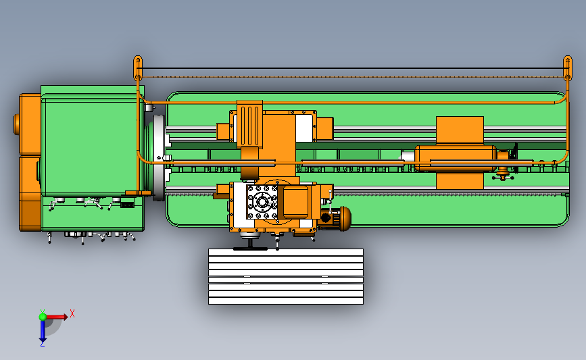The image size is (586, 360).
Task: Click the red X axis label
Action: (x=72, y=313)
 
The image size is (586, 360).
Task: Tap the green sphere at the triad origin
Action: (x=43, y=317)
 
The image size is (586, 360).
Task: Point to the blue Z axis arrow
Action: (x=42, y=330)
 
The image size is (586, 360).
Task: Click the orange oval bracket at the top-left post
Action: (x=138, y=68)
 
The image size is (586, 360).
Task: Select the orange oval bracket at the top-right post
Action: (x=568, y=68)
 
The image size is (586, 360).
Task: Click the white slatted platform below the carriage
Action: (x=286, y=276)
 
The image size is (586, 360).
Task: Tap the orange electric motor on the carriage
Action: (x=335, y=217)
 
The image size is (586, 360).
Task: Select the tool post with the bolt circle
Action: (x=262, y=202)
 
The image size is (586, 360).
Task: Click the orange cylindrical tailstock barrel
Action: (x=456, y=158)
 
